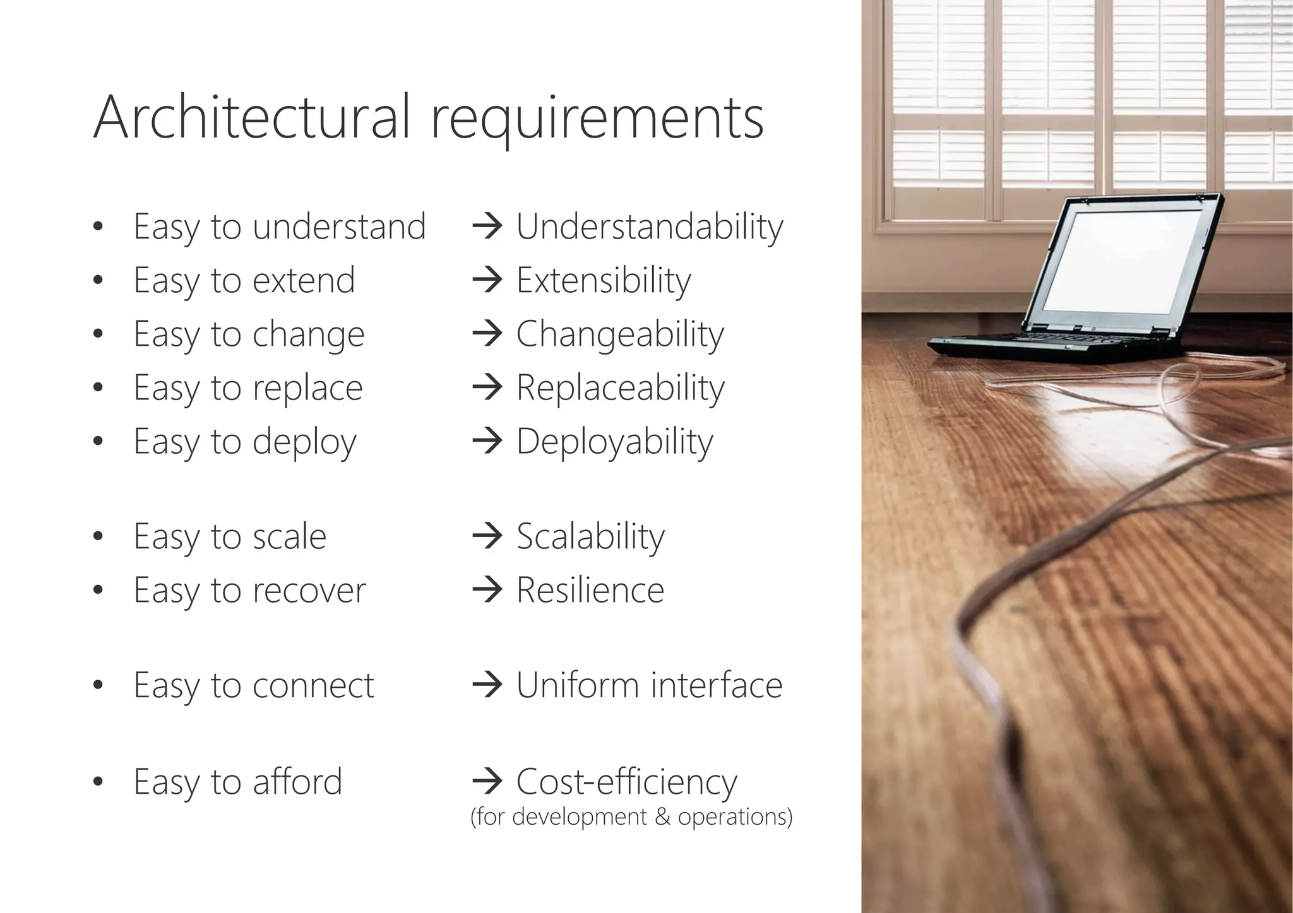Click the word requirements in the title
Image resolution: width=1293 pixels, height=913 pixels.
click(597, 120)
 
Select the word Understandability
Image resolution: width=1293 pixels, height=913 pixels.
click(650, 227)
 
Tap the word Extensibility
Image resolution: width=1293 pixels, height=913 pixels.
click(604, 281)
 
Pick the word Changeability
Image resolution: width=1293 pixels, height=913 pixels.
click(620, 334)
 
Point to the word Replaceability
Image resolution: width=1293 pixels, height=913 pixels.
click(621, 388)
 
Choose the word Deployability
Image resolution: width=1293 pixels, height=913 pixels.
click(614, 442)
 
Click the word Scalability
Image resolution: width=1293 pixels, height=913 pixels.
click(590, 537)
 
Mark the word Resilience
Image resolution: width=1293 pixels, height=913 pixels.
click(590, 591)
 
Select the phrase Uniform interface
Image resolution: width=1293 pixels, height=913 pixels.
click(649, 686)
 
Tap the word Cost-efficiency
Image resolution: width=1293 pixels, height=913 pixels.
click(626, 782)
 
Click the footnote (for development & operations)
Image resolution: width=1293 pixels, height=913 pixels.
click(631, 817)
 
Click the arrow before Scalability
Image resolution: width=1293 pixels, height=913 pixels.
click(487, 536)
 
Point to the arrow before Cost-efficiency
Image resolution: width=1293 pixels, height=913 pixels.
click(487, 782)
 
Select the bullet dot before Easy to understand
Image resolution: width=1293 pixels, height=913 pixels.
click(97, 227)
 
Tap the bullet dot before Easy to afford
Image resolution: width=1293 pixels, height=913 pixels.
click(97, 782)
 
